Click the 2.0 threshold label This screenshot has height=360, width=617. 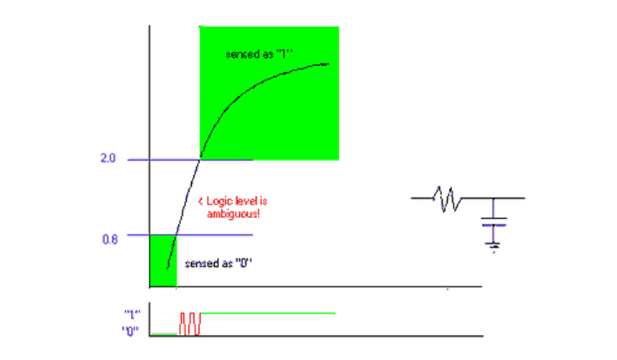pos(108,158)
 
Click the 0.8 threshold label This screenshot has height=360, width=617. pos(110,239)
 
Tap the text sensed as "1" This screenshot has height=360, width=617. pos(259,54)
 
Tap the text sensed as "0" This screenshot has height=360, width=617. pos(218,263)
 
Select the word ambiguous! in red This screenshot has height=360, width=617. pos(233,214)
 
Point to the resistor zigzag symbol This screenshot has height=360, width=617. pos(447,199)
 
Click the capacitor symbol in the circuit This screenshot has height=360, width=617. pos(494,221)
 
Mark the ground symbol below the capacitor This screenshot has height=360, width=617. pos(494,247)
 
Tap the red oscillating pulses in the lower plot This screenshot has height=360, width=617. pos(190,324)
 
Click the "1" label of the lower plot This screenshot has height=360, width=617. pos(133,314)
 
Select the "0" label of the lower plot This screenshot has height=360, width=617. pos(130,331)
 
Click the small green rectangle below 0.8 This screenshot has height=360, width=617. pos(163,261)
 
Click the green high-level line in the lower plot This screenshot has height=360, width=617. pos(268,314)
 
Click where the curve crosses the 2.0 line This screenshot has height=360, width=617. pos(200,160)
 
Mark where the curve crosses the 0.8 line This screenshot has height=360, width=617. pos(177,235)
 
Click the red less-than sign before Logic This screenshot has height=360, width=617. pos(200,202)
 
